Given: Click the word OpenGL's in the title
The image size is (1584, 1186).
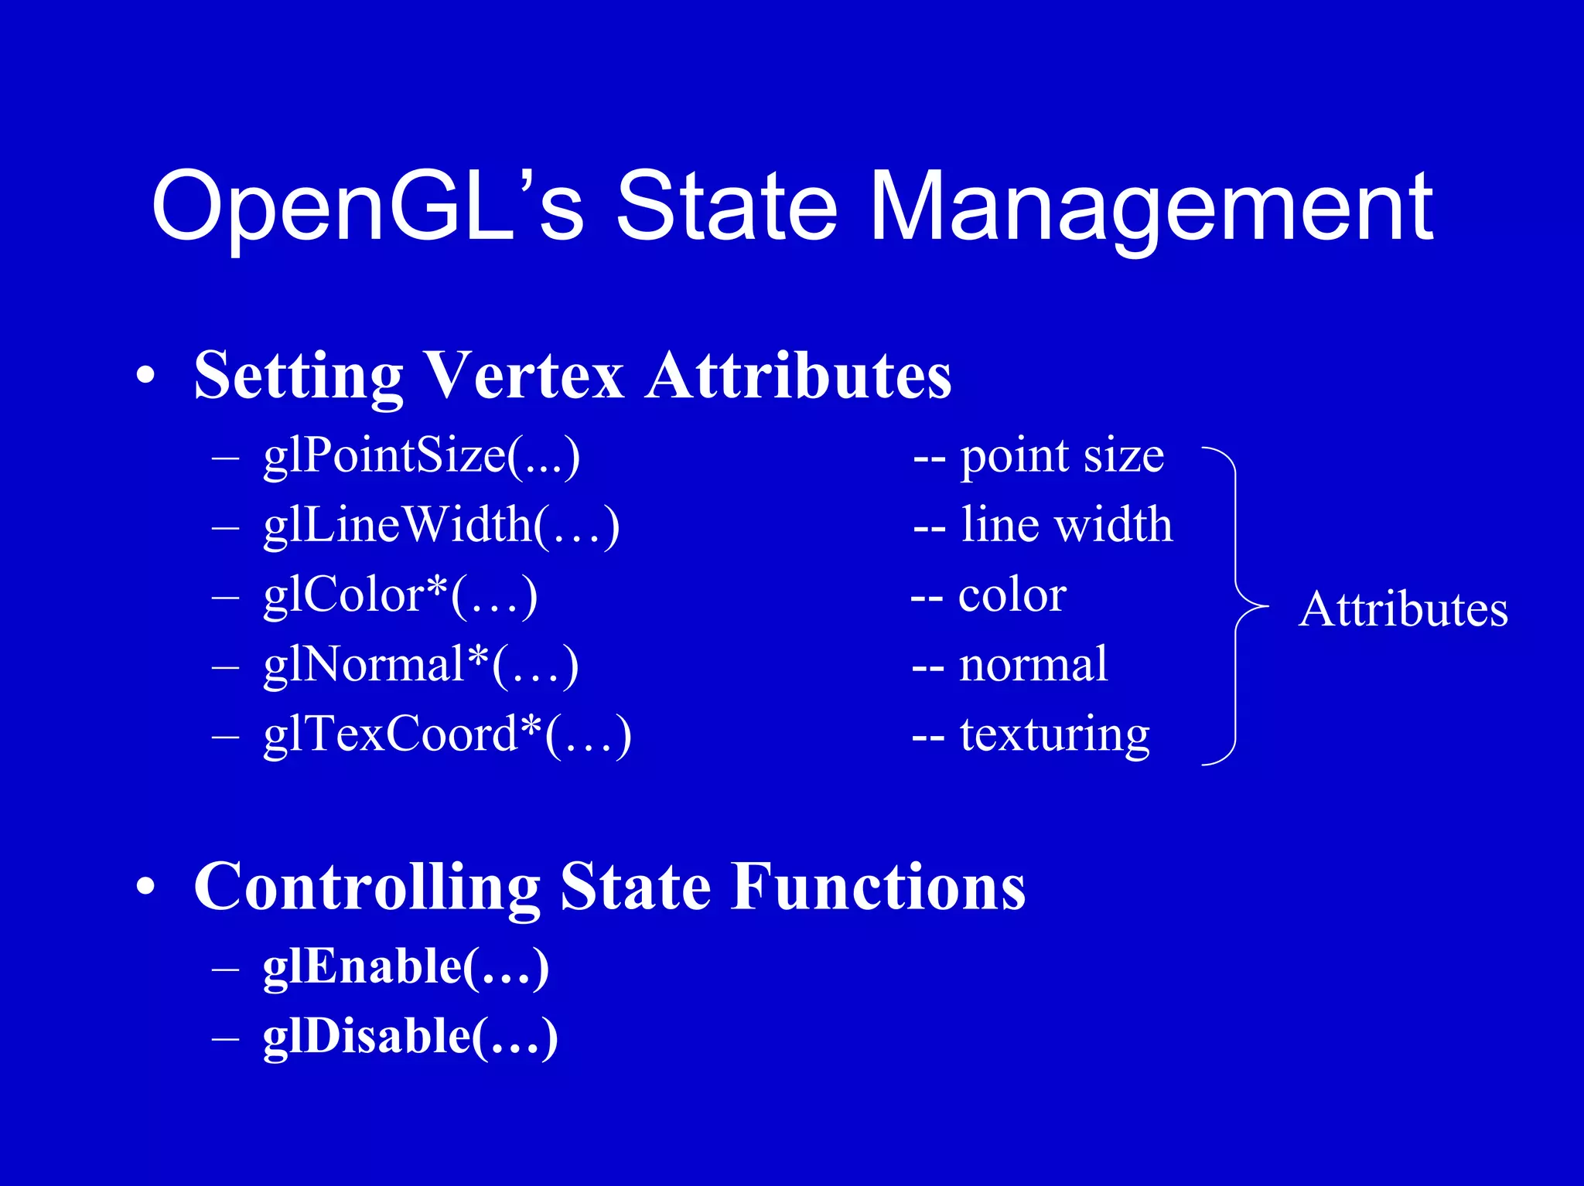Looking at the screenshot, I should pyautogui.click(x=367, y=207).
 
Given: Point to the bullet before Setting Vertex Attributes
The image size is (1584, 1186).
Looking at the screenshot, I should pyautogui.click(x=145, y=377).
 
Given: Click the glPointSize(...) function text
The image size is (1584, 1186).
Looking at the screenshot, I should pyautogui.click(x=422, y=456).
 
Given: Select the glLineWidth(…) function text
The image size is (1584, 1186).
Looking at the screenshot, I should pyautogui.click(x=441, y=526).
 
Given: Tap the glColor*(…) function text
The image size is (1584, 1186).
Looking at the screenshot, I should pyautogui.click(x=400, y=595).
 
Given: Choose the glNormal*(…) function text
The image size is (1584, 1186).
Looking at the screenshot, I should pyautogui.click(x=421, y=665).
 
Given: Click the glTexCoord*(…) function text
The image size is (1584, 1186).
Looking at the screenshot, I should pyautogui.click(x=447, y=734).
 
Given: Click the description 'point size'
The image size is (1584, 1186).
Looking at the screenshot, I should pyautogui.click(x=1061, y=456).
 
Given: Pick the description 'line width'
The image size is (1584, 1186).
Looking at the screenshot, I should pyautogui.click(x=1066, y=526).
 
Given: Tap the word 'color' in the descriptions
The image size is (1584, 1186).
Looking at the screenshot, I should pyautogui.click(x=1012, y=595).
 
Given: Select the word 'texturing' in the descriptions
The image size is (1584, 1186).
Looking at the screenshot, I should pyautogui.click(x=1054, y=734).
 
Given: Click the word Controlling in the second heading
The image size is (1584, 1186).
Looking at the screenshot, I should pyautogui.click(x=367, y=887).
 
